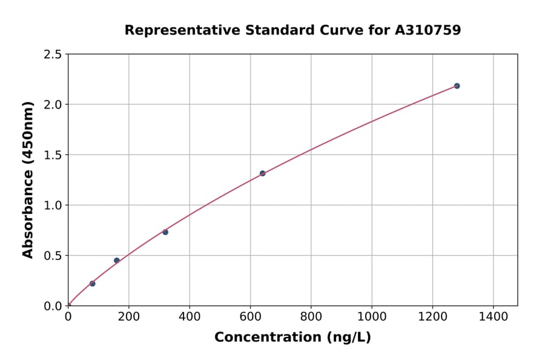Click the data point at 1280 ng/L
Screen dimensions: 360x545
point(457,86)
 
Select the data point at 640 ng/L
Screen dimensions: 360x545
point(262,173)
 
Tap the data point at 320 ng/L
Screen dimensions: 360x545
point(165,232)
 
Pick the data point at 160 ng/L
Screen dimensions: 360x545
point(117,261)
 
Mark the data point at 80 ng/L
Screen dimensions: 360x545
point(92,284)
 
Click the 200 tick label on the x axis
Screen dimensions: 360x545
point(128,316)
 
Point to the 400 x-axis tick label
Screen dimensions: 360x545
point(190,316)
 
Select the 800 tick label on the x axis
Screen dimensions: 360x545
point(311,316)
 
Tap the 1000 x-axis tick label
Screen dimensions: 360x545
point(372,316)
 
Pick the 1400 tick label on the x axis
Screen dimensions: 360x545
point(493,316)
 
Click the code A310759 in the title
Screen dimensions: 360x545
point(429,30)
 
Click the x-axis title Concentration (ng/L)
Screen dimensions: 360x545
point(292,338)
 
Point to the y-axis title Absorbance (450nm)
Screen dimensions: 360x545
point(28,179)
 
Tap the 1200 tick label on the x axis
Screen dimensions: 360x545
point(432,316)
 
